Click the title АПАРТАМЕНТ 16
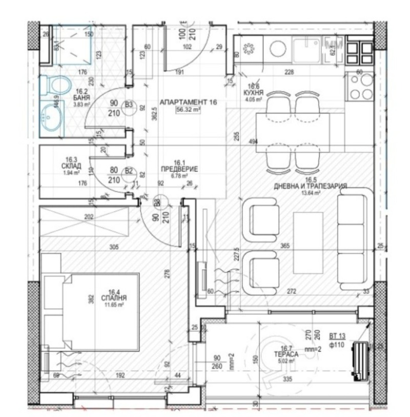pyautogui.click(x=189, y=102)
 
